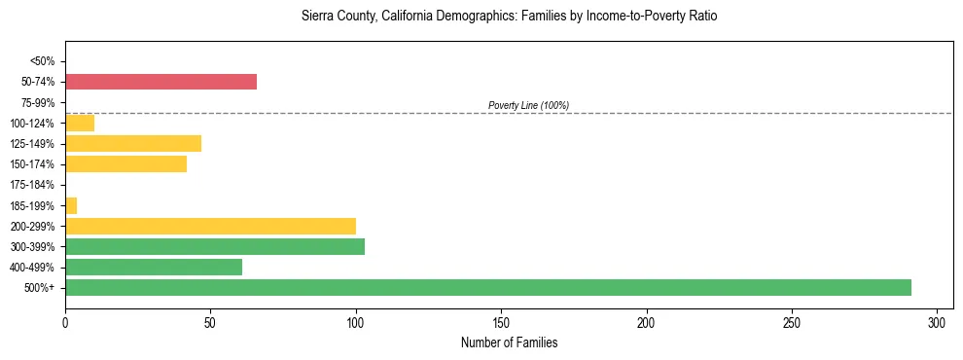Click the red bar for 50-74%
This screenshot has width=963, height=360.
(160, 82)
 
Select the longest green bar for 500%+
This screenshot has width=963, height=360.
(487, 287)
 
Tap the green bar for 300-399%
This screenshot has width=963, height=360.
(214, 246)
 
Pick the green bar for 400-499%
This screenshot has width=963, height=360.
(153, 267)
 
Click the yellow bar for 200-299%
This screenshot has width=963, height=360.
(210, 226)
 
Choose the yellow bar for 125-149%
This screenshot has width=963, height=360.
(133, 143)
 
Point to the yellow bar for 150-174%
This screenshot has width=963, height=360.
(125, 164)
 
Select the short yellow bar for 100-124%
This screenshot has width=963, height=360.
(80, 123)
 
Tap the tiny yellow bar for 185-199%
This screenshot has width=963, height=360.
(71, 205)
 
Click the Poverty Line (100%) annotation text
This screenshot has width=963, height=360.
(528, 105)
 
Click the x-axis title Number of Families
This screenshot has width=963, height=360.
(509, 343)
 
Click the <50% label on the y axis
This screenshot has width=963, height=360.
(42, 61)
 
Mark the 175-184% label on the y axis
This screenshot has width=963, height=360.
(35, 185)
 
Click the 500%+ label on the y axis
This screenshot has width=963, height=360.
(40, 288)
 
